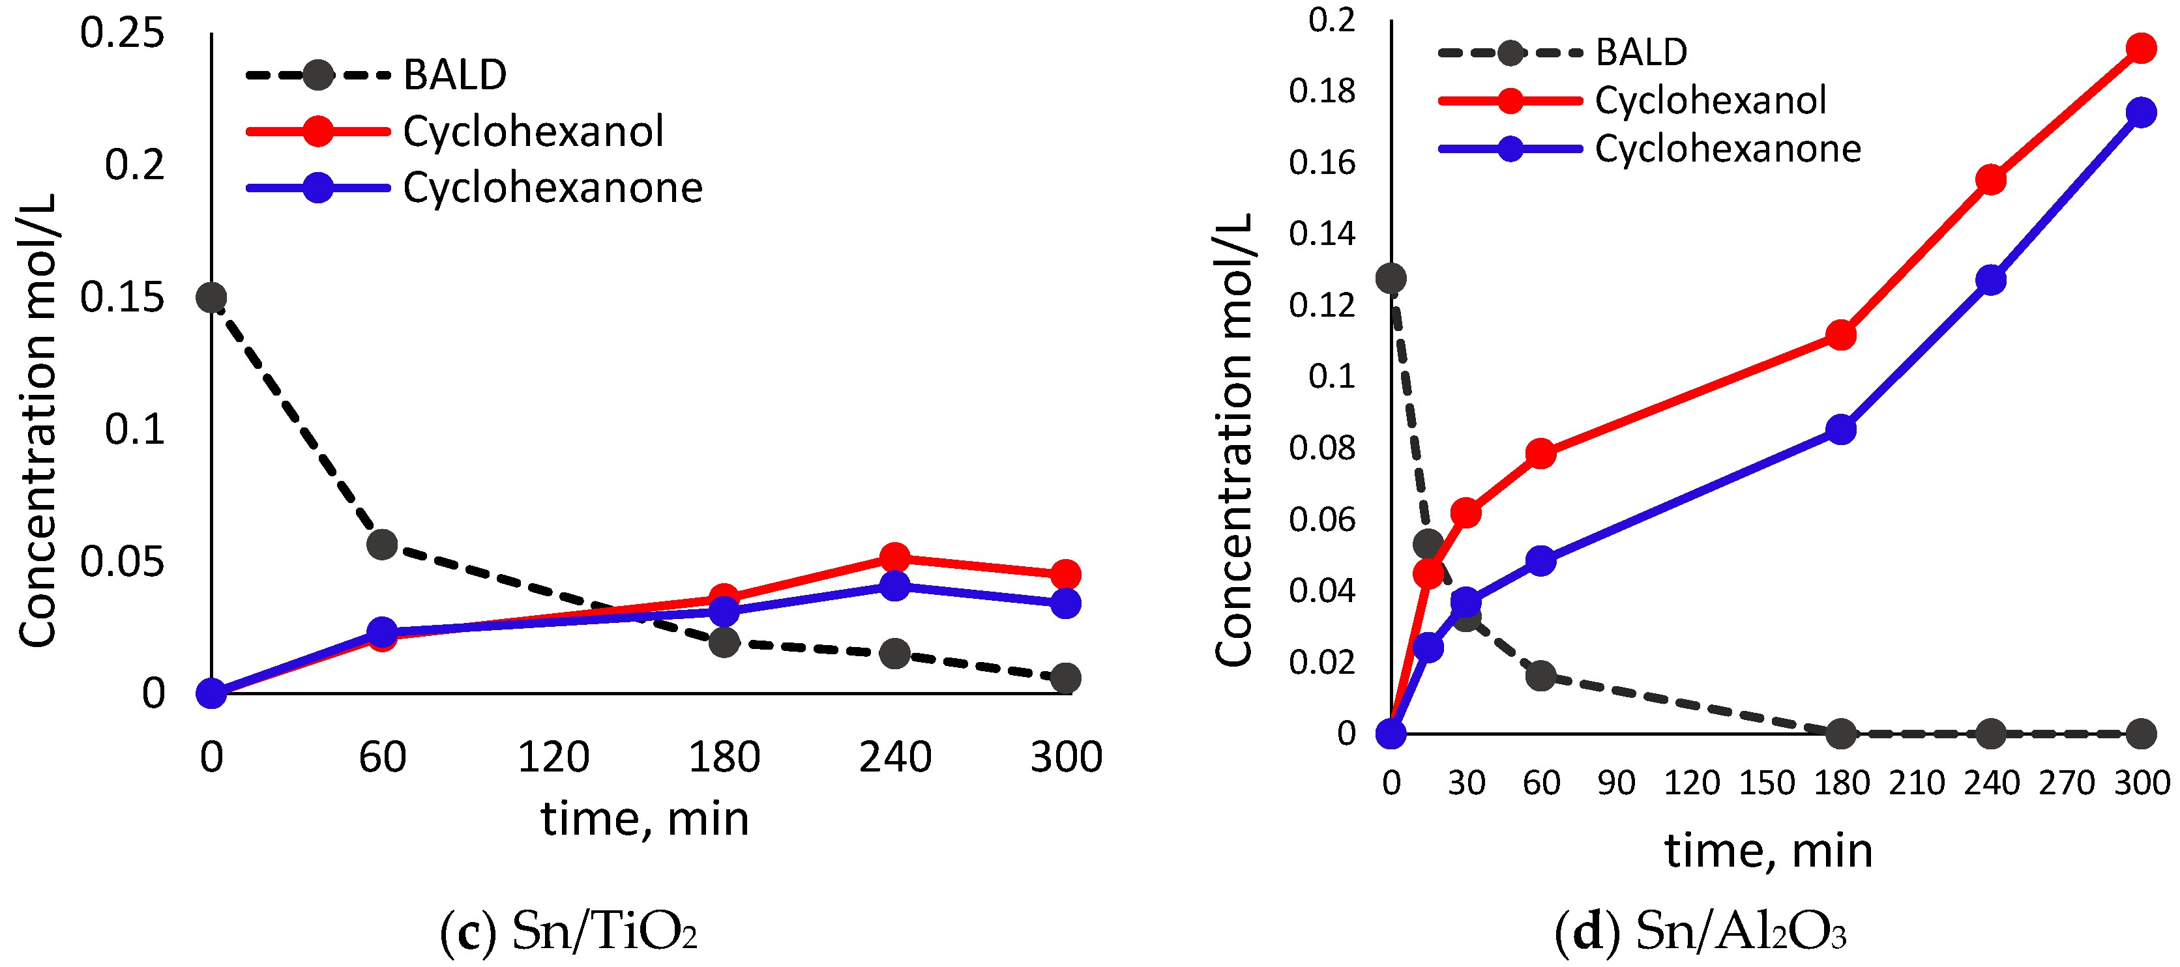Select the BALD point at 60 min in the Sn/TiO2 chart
click(x=383, y=544)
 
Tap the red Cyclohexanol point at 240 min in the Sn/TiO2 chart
click(x=894, y=558)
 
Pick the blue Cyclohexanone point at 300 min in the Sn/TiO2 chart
click(x=1065, y=603)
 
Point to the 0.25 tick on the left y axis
click(x=122, y=34)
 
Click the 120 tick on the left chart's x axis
click(x=553, y=757)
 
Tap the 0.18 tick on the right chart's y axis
click(x=1322, y=91)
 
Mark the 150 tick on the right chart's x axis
click(x=1767, y=783)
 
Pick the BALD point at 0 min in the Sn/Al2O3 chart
click(x=1391, y=278)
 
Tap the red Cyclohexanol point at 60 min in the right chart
click(x=1541, y=454)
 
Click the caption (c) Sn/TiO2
click(x=568, y=931)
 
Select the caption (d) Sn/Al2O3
click(x=1700, y=931)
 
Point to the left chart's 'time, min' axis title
click(x=645, y=819)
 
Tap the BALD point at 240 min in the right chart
click(x=1992, y=734)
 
